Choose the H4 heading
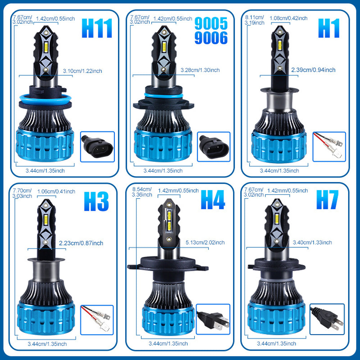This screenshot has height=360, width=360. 213,200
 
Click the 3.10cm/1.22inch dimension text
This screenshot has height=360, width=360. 82,71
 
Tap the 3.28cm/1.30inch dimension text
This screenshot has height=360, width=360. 200,70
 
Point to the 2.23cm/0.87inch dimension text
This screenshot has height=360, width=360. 81,243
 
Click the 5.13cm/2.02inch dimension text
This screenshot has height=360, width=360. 205,243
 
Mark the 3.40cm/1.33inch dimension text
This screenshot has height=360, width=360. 313,242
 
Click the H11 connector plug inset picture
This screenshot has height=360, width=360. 97,146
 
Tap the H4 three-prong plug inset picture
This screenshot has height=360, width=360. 213,319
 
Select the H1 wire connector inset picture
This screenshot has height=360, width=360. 329,146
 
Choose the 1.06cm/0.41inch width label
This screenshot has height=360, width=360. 61,191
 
